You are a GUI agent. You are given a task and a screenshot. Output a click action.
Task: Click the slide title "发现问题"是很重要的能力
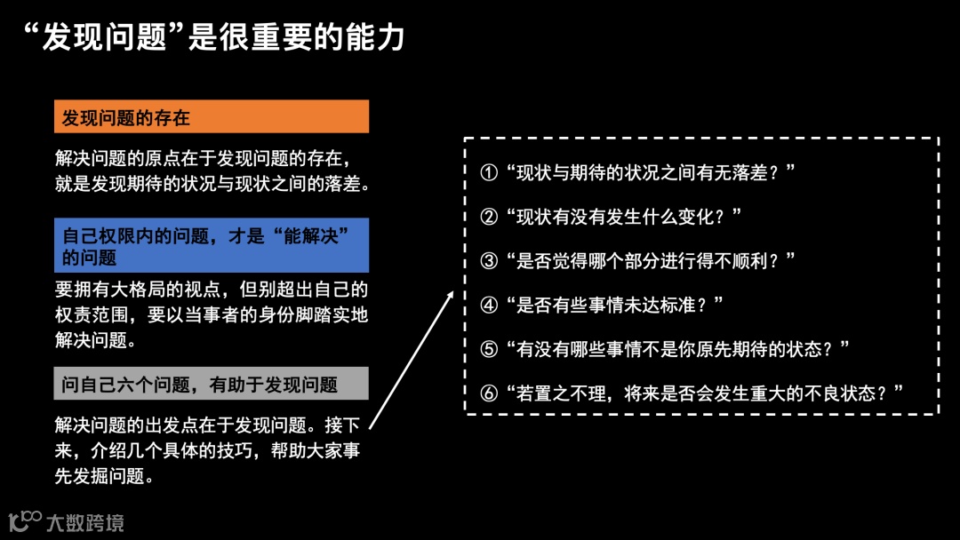click(x=213, y=36)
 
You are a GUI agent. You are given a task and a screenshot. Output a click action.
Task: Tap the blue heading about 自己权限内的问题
click(x=211, y=246)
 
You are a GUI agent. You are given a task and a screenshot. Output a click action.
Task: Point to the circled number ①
click(x=489, y=173)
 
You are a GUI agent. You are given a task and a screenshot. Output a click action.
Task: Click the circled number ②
click(x=489, y=217)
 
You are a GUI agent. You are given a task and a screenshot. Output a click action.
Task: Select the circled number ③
click(x=489, y=261)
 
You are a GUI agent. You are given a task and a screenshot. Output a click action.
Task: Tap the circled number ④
click(x=489, y=305)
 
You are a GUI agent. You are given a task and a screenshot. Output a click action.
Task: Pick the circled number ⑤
click(x=489, y=348)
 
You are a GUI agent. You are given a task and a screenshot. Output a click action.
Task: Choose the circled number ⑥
click(x=489, y=393)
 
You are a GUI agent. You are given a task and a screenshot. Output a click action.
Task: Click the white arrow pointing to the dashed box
click(x=411, y=361)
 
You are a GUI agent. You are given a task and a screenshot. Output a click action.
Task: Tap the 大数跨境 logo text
click(x=84, y=522)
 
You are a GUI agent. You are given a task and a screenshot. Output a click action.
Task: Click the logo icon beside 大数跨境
click(x=24, y=520)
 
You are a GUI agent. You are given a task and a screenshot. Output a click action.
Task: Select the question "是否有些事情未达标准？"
click(x=613, y=305)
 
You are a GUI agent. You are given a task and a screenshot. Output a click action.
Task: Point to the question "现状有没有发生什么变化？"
click(x=622, y=217)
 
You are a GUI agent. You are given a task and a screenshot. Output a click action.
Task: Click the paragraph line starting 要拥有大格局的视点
click(x=211, y=290)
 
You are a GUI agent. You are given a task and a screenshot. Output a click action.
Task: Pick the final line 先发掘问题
click(x=99, y=476)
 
